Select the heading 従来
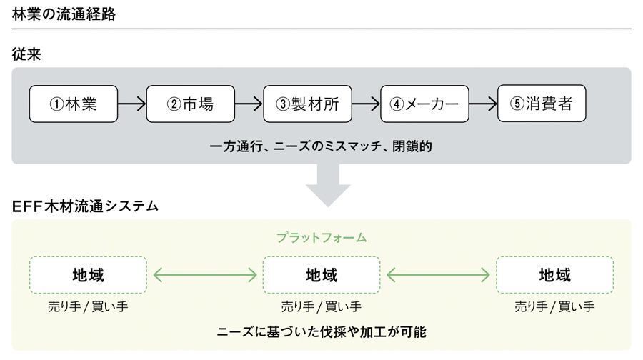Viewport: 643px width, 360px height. tap(26, 54)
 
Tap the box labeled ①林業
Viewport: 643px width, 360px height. tap(74, 104)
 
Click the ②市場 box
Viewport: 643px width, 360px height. tap(190, 104)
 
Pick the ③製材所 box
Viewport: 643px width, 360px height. tap(307, 104)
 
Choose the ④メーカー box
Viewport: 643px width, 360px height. tap(424, 104)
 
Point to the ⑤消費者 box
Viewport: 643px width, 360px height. tap(542, 104)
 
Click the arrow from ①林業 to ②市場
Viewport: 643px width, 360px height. tap(132, 104)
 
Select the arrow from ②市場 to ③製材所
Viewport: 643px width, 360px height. tap(249, 104)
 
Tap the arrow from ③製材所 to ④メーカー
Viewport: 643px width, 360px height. tap(366, 104)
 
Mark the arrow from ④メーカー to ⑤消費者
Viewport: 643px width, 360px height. tap(483, 104)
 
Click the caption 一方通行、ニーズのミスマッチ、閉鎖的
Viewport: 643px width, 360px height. tap(321, 146)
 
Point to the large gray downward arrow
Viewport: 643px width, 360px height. tap(328, 184)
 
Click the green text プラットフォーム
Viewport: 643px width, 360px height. tap(321, 237)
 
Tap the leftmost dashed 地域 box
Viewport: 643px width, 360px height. tap(88, 274)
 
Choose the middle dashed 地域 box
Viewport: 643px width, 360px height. tap(321, 274)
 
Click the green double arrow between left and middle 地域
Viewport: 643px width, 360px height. tap(204, 274)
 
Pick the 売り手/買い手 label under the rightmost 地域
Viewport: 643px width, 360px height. tap(554, 307)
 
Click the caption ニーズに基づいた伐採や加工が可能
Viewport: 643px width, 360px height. tap(321, 332)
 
